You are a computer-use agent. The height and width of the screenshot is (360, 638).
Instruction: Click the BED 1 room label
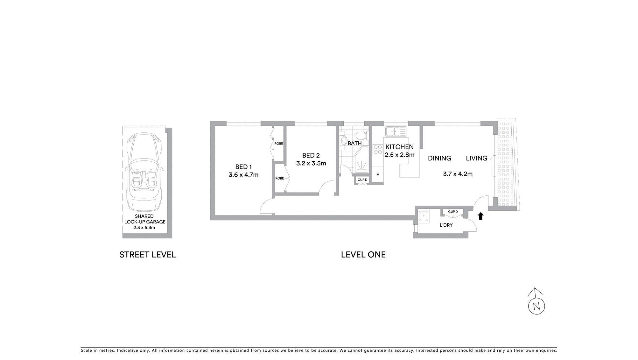[x=243, y=167]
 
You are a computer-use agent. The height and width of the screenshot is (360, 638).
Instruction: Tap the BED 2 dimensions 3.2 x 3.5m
[x=311, y=164]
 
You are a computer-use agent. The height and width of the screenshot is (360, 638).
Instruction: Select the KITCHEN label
[x=399, y=147]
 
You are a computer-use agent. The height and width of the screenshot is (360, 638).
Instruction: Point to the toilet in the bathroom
[x=361, y=136]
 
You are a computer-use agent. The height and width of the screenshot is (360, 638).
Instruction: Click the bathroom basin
[x=343, y=140]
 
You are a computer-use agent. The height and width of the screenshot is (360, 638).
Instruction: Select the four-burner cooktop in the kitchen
[x=378, y=150]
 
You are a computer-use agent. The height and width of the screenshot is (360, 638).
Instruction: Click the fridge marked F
[x=378, y=175]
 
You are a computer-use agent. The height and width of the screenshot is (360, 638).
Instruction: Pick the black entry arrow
[x=480, y=216]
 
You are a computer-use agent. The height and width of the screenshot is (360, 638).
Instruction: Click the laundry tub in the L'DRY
[x=424, y=216]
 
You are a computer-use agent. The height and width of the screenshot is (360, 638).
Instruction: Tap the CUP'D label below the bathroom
[x=362, y=180]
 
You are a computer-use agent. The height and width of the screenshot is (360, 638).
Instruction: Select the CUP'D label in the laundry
[x=453, y=212]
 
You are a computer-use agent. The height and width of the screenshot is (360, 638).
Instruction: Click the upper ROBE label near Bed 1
[x=278, y=144]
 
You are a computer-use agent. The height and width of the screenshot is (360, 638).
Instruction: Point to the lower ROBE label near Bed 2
[x=279, y=178]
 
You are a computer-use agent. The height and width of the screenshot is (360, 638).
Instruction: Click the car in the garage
[x=144, y=172]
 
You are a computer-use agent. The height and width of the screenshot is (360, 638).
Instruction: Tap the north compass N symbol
[x=536, y=306]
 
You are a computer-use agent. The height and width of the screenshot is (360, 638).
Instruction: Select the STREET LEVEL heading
[x=147, y=255]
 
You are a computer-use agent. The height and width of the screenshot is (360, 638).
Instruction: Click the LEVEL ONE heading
[x=363, y=255]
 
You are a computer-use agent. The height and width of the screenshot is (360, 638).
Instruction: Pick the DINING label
[x=439, y=158]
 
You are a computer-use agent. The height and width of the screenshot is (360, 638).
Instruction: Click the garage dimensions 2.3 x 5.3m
[x=144, y=228]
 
